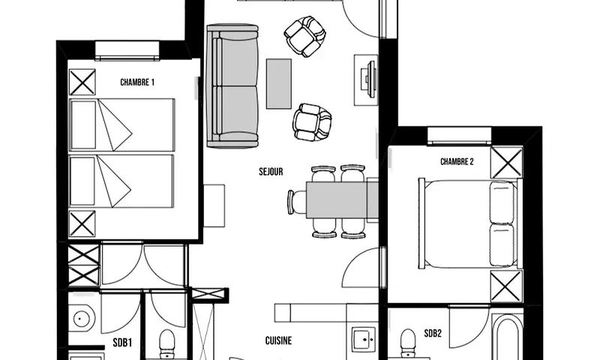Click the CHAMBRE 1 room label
click(x=137, y=82)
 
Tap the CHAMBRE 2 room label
click(x=457, y=161)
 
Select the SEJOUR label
click(x=270, y=172)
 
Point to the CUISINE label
click(x=278, y=340)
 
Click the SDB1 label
click(x=122, y=343)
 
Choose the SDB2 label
click(x=432, y=333)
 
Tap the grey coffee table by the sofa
click(x=279, y=83)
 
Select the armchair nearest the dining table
click(x=312, y=121)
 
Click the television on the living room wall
click(x=367, y=76)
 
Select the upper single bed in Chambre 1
click(x=121, y=124)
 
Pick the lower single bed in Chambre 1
click(x=121, y=181)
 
